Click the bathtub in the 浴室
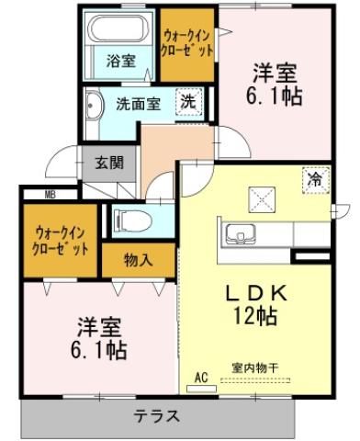click(x=119, y=30)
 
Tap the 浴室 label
click(x=119, y=62)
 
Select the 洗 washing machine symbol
click(x=188, y=102)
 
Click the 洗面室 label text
click(x=139, y=103)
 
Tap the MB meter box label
click(x=37, y=194)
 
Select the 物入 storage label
click(x=138, y=260)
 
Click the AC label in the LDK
click(x=204, y=377)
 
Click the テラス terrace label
click(x=157, y=415)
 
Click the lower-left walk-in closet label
click(x=62, y=242)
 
